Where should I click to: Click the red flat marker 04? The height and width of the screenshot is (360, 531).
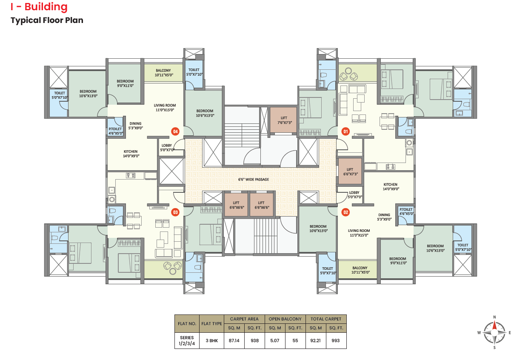[175, 131]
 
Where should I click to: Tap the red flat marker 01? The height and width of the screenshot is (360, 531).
[345, 131]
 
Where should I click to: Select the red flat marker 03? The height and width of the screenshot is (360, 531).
[175, 212]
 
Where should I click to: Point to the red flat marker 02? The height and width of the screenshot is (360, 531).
[345, 212]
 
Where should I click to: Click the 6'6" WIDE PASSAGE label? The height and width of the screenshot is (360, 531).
[254, 180]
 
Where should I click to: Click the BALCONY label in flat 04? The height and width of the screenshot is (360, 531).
[163, 71]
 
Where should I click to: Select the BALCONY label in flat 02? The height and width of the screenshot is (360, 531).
[360, 268]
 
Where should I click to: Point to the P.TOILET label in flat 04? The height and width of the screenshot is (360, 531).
[115, 129]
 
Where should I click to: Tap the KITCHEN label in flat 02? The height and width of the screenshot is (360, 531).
[390, 184]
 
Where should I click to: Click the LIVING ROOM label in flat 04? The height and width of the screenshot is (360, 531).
[165, 105]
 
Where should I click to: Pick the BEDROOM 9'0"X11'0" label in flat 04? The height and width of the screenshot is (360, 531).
[125, 83]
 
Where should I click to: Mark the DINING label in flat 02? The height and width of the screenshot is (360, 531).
[384, 215]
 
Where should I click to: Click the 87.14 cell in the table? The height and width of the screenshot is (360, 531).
[234, 340]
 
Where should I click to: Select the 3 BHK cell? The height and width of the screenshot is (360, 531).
[212, 340]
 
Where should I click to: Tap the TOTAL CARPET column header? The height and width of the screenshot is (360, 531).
[326, 319]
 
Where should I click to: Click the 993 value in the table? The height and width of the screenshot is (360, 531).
[336, 340]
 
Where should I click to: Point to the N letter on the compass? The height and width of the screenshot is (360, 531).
[494, 317]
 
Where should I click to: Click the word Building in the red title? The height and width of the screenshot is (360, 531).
[46, 7]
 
